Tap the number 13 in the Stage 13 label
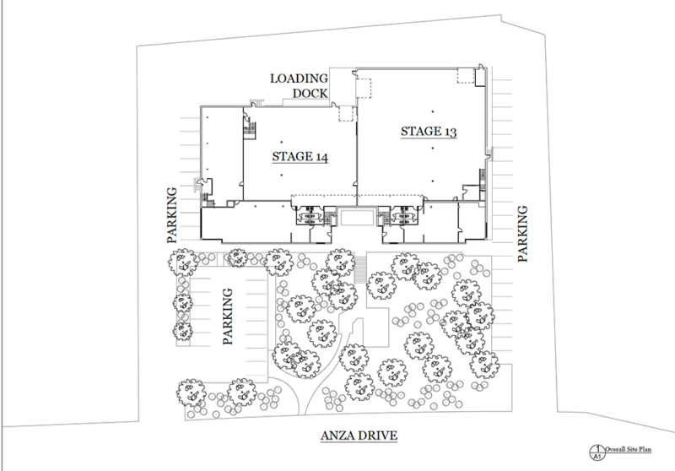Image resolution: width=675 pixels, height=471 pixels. (x=450, y=132)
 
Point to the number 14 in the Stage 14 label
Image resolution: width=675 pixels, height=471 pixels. (x=321, y=157)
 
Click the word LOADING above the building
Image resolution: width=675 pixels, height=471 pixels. (x=300, y=78)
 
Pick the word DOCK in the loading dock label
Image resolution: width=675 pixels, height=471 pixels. (x=310, y=93)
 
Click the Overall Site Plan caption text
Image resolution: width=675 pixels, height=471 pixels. (x=628, y=449)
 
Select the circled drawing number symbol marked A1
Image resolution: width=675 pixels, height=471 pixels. (x=597, y=453)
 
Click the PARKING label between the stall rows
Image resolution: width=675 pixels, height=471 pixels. (x=228, y=317)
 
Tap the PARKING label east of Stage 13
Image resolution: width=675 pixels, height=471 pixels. (x=522, y=234)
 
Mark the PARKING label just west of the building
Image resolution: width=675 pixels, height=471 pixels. (x=172, y=215)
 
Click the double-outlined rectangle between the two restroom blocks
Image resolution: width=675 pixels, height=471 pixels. (x=356, y=218)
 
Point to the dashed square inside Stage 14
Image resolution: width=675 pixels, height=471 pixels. (x=346, y=114)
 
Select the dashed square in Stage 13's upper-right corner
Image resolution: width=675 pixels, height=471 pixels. (x=465, y=75)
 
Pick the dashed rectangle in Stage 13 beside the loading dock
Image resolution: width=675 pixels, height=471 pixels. (x=364, y=89)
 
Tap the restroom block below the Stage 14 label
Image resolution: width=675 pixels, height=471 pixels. (x=310, y=214)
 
